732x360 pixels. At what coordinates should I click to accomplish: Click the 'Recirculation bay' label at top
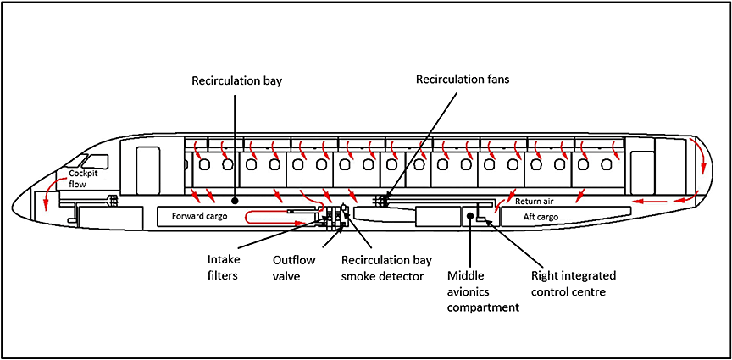pyautogui.click(x=236, y=81)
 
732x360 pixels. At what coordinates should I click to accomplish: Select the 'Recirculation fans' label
pyautogui.click(x=463, y=80)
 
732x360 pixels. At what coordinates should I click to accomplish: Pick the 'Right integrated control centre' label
pyautogui.click(x=574, y=283)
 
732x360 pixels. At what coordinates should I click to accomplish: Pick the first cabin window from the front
pyautogui.click(x=203, y=164)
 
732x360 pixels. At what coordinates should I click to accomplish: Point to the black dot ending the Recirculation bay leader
pyautogui.click(x=236, y=202)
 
